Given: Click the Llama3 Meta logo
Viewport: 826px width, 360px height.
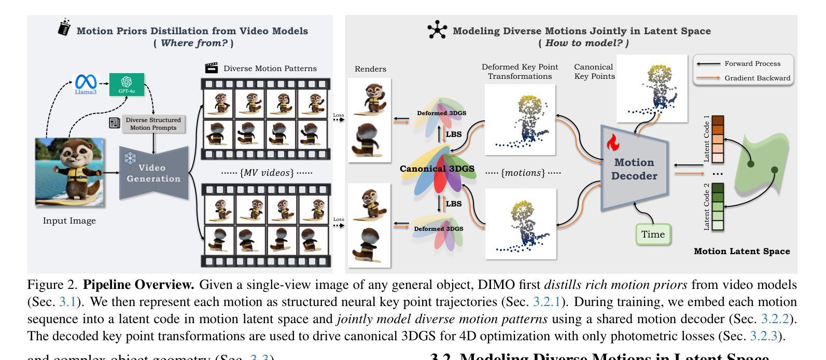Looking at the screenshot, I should [86, 83].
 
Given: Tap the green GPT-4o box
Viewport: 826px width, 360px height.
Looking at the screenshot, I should [127, 84].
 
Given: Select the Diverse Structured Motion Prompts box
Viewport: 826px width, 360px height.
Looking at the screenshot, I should [153, 123].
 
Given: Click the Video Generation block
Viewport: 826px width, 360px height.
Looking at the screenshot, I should [153, 173].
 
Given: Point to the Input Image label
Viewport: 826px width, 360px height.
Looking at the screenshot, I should [69, 220].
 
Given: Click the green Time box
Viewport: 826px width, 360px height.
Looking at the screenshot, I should [653, 234].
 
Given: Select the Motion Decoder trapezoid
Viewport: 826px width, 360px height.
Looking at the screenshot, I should [634, 169].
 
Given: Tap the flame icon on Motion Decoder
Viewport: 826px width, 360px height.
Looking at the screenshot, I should [613, 142].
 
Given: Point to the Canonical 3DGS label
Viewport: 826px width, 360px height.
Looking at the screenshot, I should [437, 169].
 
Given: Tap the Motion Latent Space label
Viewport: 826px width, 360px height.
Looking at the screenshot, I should [741, 252].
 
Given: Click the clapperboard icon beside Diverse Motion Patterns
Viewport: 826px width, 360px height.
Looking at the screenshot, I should [211, 68].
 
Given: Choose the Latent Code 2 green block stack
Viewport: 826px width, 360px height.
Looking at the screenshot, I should [718, 206].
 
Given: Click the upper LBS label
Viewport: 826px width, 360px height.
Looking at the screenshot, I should [453, 134].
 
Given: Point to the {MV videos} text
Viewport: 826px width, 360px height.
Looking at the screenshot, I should [267, 173].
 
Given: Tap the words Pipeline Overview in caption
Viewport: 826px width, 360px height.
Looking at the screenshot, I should [138, 285].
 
